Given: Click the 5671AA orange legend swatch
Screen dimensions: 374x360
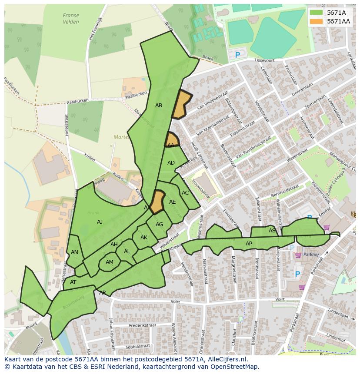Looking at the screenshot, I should coord(317,21).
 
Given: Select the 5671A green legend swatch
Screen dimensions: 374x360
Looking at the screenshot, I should coord(317,13).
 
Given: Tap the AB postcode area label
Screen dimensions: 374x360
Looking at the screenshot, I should coord(159,106).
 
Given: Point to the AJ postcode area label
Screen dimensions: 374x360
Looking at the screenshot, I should coord(100,222).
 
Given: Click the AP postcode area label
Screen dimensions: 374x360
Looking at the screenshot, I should coord(249,244).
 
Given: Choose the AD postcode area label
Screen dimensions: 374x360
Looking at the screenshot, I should coord(171,163).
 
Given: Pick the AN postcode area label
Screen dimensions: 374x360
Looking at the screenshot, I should coord(74,252).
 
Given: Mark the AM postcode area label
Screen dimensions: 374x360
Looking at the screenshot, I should coord(110,262).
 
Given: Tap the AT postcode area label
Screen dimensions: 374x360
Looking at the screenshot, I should coord(73,282).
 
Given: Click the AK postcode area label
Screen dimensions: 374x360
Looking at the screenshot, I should coord(144,238).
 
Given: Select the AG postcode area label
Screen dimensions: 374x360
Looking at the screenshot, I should coord(159,225).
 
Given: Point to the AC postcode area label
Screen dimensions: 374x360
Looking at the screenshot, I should coord(185,193).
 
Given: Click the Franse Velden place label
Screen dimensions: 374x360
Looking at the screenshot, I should coord(71,19).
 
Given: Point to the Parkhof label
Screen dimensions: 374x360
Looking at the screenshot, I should coord(311,255).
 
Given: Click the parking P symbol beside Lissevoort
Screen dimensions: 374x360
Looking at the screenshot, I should coord(237,55).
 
